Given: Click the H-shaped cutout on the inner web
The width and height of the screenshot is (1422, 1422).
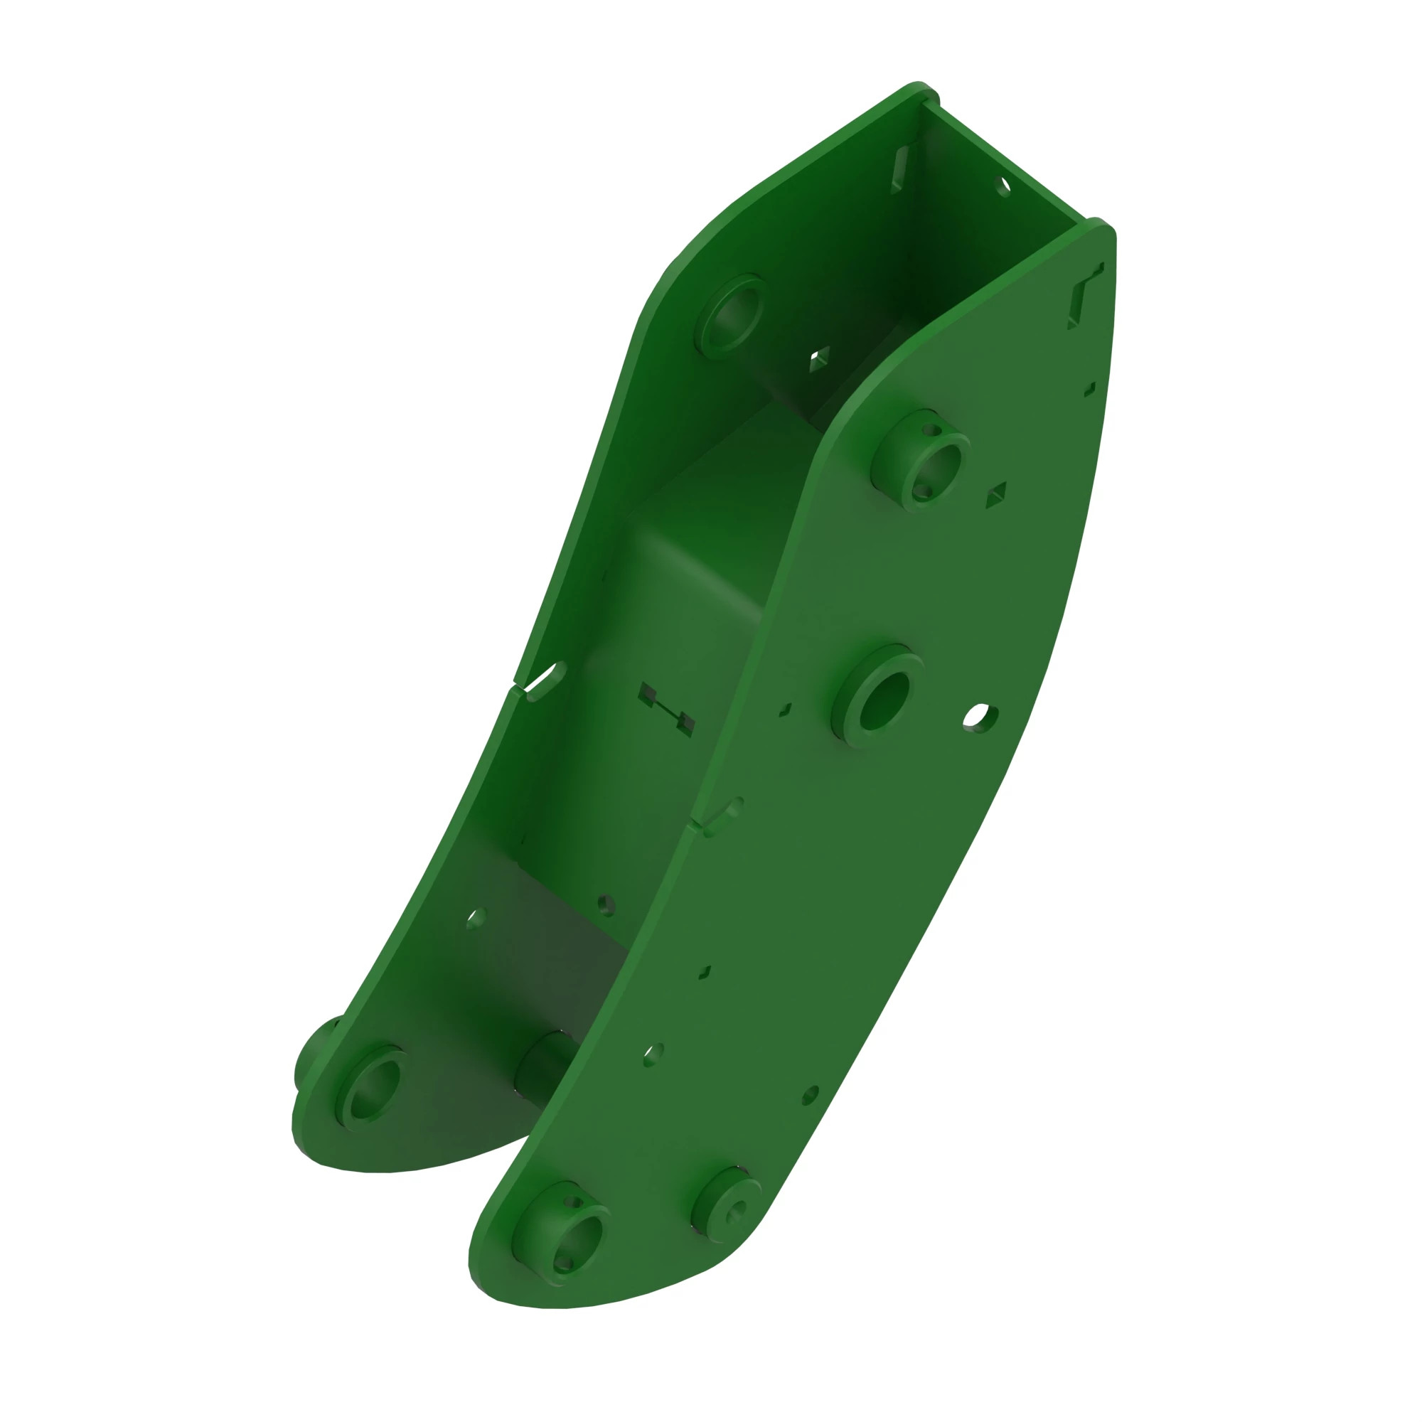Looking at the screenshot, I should coord(666,710).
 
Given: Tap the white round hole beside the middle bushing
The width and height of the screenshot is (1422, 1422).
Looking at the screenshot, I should coord(980,716).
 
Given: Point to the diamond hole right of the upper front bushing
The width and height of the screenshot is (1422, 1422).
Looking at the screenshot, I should coord(996,496).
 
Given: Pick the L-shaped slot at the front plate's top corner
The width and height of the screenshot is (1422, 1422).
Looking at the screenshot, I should coord(1085,294).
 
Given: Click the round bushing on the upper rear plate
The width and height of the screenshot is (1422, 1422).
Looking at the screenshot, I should coord(731,314).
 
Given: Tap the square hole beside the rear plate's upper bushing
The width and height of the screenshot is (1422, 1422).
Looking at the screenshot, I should coord(819,358).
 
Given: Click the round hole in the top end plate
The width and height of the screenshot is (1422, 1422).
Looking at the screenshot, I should coord(1003,186).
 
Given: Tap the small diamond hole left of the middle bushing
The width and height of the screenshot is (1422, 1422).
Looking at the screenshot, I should coord(786,710).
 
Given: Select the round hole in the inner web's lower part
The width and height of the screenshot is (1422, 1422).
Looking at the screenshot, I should coord(606,904).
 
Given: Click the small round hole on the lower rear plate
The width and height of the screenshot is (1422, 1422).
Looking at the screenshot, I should coord(476,918).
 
